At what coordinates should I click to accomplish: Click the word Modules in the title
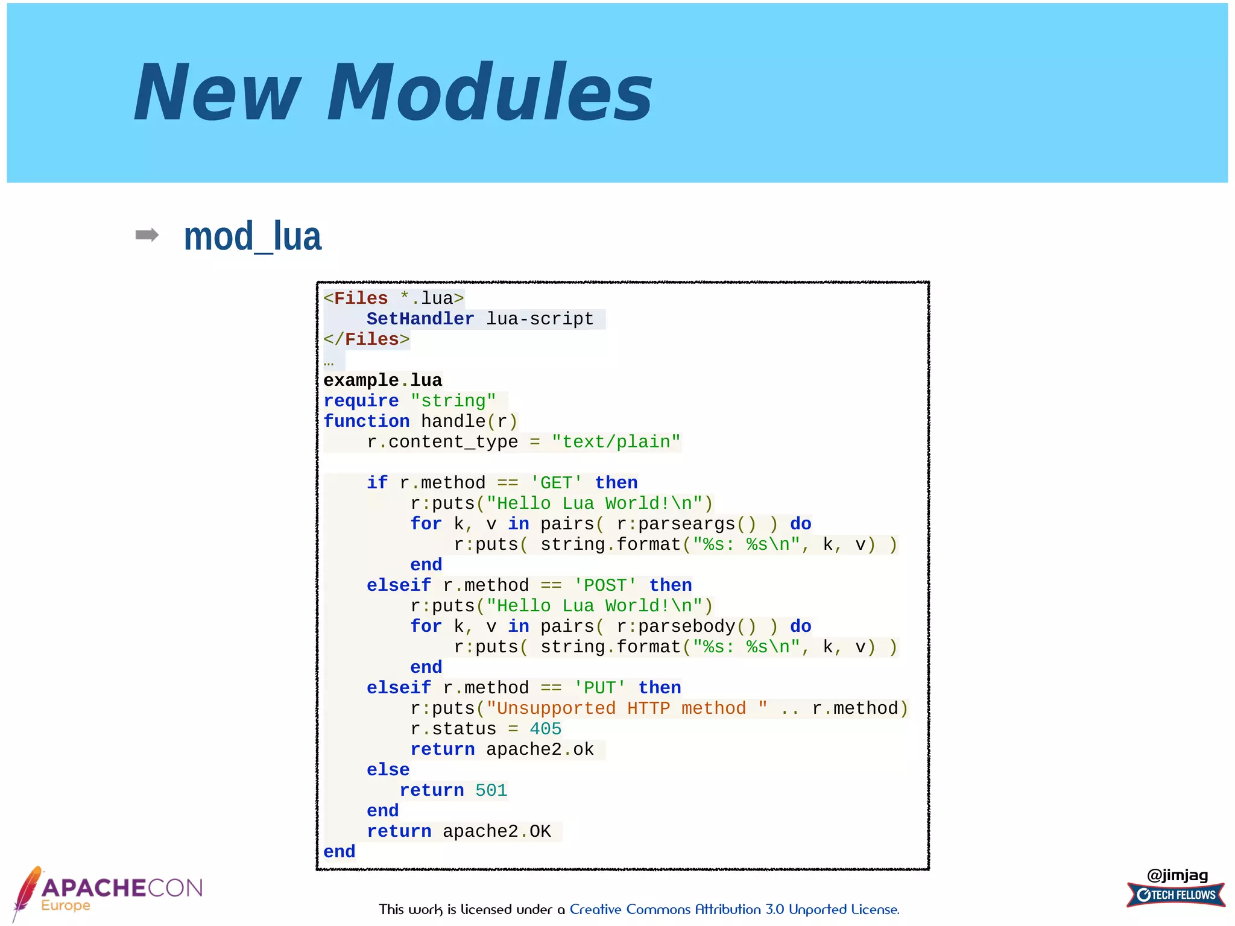(x=490, y=93)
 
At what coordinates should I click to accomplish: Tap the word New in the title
(x=217, y=93)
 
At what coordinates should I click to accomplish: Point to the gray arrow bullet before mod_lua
(x=147, y=235)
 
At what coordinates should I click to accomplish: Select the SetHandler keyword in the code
(x=420, y=319)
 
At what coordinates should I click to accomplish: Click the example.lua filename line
(x=382, y=380)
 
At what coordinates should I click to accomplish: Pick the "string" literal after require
(x=453, y=401)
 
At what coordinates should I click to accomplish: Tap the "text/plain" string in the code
(x=616, y=442)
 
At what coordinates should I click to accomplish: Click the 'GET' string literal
(x=556, y=483)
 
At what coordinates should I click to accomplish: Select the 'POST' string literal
(x=605, y=585)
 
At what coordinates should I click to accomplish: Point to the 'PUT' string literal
(x=599, y=688)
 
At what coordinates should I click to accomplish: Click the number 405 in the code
(x=545, y=729)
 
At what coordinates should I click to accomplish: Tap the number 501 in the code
(x=491, y=790)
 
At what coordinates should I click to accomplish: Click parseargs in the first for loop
(x=686, y=524)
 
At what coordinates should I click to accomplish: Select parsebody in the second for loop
(x=686, y=626)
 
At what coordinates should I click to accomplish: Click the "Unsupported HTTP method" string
(x=627, y=708)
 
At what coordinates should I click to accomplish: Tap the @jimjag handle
(x=1177, y=875)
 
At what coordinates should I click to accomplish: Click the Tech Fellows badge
(x=1176, y=895)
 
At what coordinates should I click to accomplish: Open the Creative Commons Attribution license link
(x=734, y=909)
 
